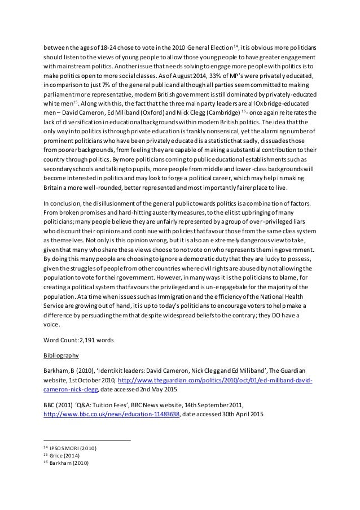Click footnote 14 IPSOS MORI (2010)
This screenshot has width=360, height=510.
(71, 447)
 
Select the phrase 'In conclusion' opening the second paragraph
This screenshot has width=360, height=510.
(63, 202)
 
